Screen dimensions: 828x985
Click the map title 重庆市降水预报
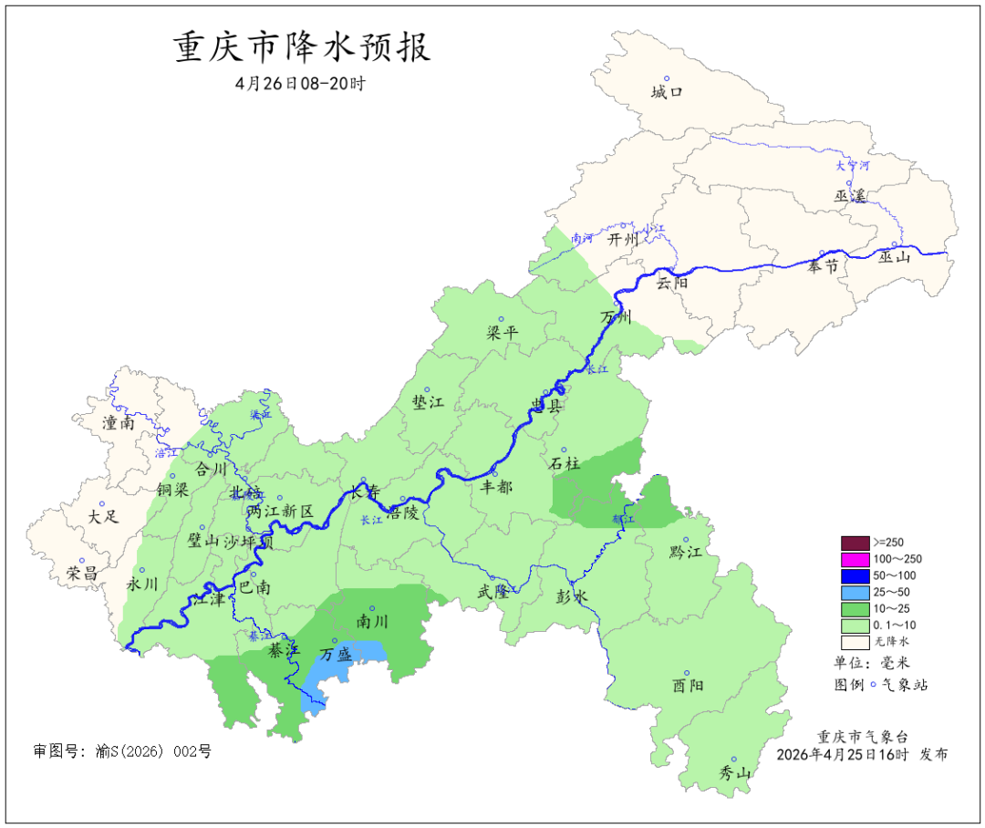pyautogui.click(x=302, y=47)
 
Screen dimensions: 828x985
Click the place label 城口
pyautogui.click(x=666, y=92)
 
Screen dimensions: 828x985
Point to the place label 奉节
pyautogui.click(x=823, y=266)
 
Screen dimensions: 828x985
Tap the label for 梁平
pyautogui.click(x=503, y=333)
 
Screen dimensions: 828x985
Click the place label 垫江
pyautogui.click(x=428, y=403)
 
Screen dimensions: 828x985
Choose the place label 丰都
pyautogui.click(x=496, y=487)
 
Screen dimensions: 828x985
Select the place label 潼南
pyautogui.click(x=119, y=423)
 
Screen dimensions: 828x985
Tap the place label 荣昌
pyautogui.click(x=82, y=574)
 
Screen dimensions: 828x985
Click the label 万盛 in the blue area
pyautogui.click(x=336, y=655)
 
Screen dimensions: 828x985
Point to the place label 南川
pyautogui.click(x=372, y=622)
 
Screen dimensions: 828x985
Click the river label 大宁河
pyautogui.click(x=853, y=166)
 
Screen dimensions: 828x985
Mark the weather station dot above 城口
pyautogui.click(x=666, y=78)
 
